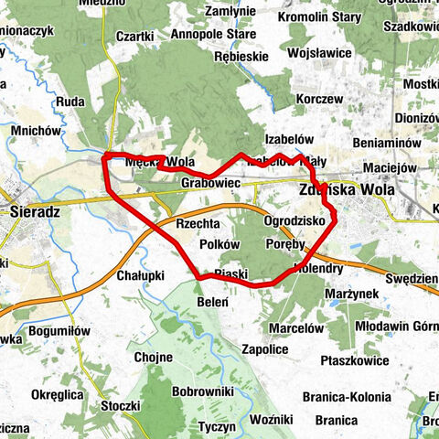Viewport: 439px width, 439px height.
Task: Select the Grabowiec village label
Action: (210, 184)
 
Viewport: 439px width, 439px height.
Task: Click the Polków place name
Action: (219, 245)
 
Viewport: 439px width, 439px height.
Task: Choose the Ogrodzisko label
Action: (294, 221)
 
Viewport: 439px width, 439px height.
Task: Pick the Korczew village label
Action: (319, 99)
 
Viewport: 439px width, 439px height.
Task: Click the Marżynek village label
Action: (352, 294)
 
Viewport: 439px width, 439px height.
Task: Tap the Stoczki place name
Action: (120, 403)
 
